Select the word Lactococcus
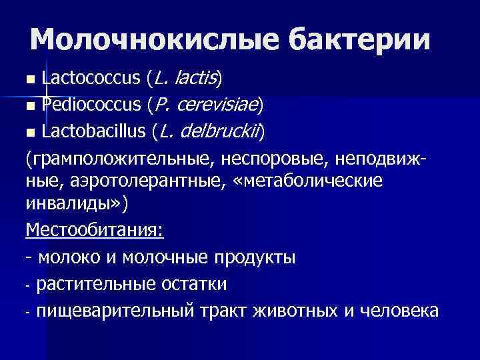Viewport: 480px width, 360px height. tap(90, 79)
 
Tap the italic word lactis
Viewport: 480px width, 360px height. tap(195, 79)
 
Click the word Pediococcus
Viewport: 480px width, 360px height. tap(90, 105)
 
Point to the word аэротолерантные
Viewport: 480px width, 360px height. tap(134, 181)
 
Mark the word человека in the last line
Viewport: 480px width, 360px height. tap(399, 310)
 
